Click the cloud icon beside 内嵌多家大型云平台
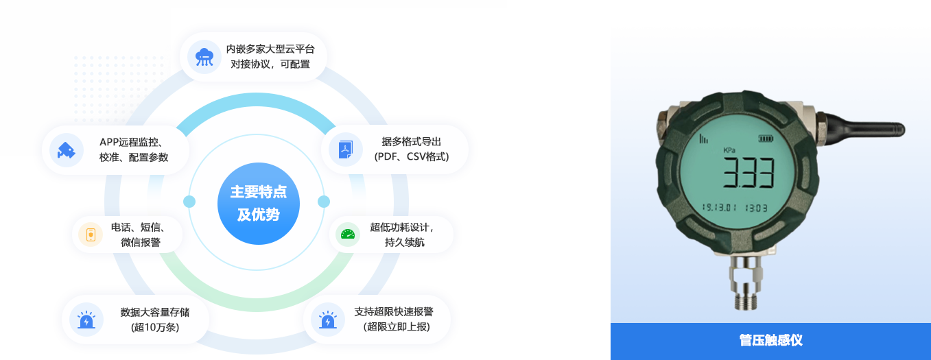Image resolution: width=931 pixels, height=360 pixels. click(204, 57)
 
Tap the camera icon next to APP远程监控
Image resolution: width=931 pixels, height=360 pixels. click(67, 150)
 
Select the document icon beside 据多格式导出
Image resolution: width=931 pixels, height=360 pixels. click(345, 149)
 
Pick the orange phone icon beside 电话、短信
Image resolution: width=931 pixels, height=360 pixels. click(91, 235)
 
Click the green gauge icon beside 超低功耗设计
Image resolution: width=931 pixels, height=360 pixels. click(347, 235)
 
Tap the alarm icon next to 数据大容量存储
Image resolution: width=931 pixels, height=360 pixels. click(86, 320)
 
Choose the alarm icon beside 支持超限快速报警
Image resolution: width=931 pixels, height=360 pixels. click(328, 320)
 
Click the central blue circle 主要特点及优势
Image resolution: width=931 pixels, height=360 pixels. click(259, 204)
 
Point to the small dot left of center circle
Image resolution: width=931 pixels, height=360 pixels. click(189, 202)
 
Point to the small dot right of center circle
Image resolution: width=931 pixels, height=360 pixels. click(324, 202)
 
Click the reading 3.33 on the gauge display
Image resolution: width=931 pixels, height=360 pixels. click(749, 173)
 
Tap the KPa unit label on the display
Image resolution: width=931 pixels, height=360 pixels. click(729, 150)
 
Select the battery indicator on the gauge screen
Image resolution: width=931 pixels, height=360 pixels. click(766, 139)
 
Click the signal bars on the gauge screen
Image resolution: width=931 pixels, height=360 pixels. click(703, 139)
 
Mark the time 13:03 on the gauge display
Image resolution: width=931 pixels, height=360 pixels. click(756, 208)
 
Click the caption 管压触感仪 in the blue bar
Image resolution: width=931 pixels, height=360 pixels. click(770, 341)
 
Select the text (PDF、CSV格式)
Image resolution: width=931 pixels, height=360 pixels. click(412, 157)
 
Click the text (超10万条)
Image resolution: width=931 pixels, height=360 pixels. click(155, 327)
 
